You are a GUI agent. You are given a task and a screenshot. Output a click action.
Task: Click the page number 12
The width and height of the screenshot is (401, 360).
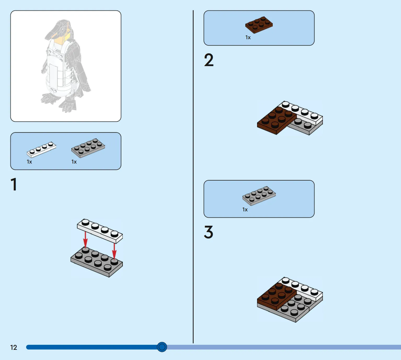[x=14, y=347]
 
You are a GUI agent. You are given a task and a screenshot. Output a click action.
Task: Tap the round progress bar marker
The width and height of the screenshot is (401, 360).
[x=162, y=347]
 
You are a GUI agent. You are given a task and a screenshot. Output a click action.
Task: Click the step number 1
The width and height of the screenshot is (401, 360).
[x=14, y=184]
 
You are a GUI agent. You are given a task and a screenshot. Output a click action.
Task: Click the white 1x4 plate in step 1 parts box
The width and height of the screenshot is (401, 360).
[x=41, y=149]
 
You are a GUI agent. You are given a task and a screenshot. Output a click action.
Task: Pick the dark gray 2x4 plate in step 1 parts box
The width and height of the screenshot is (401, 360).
[x=88, y=148]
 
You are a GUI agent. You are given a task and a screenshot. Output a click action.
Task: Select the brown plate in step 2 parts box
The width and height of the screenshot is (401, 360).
[x=259, y=25]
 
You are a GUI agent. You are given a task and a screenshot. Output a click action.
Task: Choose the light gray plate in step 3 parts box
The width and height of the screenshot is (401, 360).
[x=259, y=196]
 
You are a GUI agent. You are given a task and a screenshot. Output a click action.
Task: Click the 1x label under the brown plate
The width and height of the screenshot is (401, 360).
[x=248, y=37]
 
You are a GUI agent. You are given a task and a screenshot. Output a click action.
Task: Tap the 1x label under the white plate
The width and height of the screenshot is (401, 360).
[x=29, y=162]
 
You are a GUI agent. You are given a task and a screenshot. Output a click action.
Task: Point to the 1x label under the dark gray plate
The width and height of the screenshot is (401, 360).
[x=74, y=162]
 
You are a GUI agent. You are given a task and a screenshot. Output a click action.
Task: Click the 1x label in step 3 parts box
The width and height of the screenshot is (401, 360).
[x=245, y=210]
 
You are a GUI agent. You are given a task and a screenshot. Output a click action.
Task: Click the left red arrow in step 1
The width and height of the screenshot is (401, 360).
[x=85, y=240]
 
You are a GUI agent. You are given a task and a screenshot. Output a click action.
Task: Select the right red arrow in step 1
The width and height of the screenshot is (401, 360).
[x=114, y=251]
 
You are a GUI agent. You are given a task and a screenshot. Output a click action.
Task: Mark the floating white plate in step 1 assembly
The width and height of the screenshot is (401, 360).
[x=100, y=231]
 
